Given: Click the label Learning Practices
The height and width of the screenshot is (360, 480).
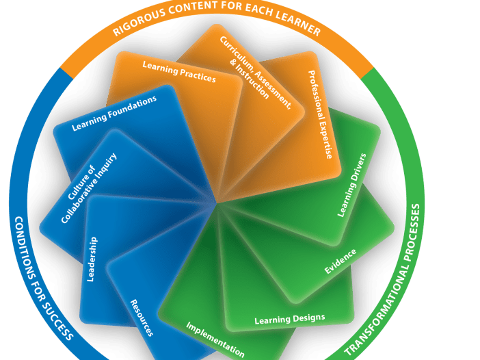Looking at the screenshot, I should click(179, 72).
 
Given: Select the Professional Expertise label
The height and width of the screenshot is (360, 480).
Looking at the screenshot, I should click(320, 114).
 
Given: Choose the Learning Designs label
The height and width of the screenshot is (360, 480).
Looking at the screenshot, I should click(289, 319).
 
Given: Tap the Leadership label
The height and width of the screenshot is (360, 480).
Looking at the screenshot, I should click(92, 259).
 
